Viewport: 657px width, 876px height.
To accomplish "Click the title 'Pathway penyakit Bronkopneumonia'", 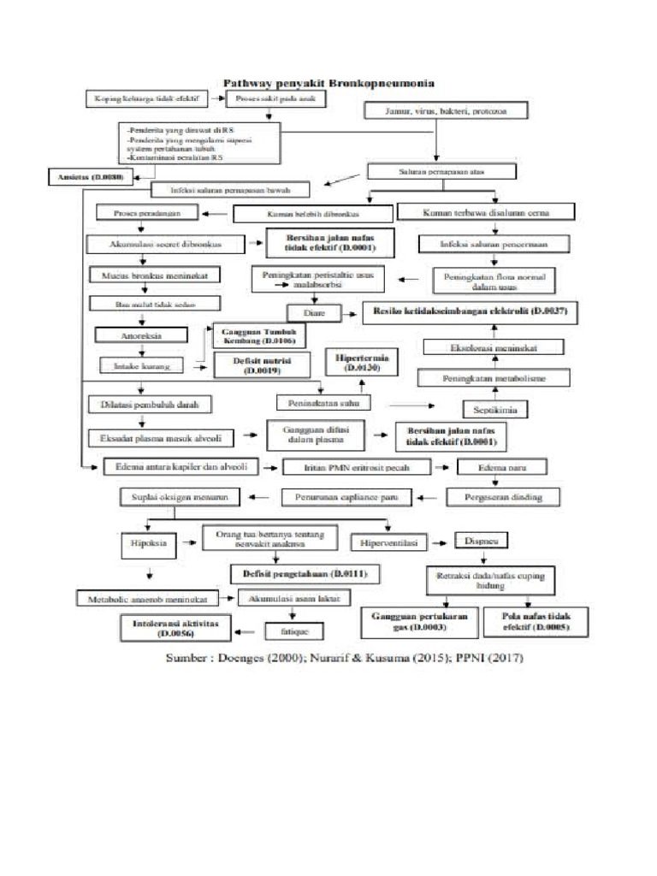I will pos(328,84).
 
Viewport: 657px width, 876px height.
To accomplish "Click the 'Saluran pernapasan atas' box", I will pos(441,172).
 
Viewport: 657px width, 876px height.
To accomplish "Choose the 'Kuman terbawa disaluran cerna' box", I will pos(485,212).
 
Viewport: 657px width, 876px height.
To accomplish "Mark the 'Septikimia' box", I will pos(494,410).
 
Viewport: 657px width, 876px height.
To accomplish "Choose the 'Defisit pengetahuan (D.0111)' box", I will pos(305,572).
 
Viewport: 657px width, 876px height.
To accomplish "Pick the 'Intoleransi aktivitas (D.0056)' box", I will pos(175,629).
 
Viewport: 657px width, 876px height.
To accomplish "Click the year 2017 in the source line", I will pos(500,659).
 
